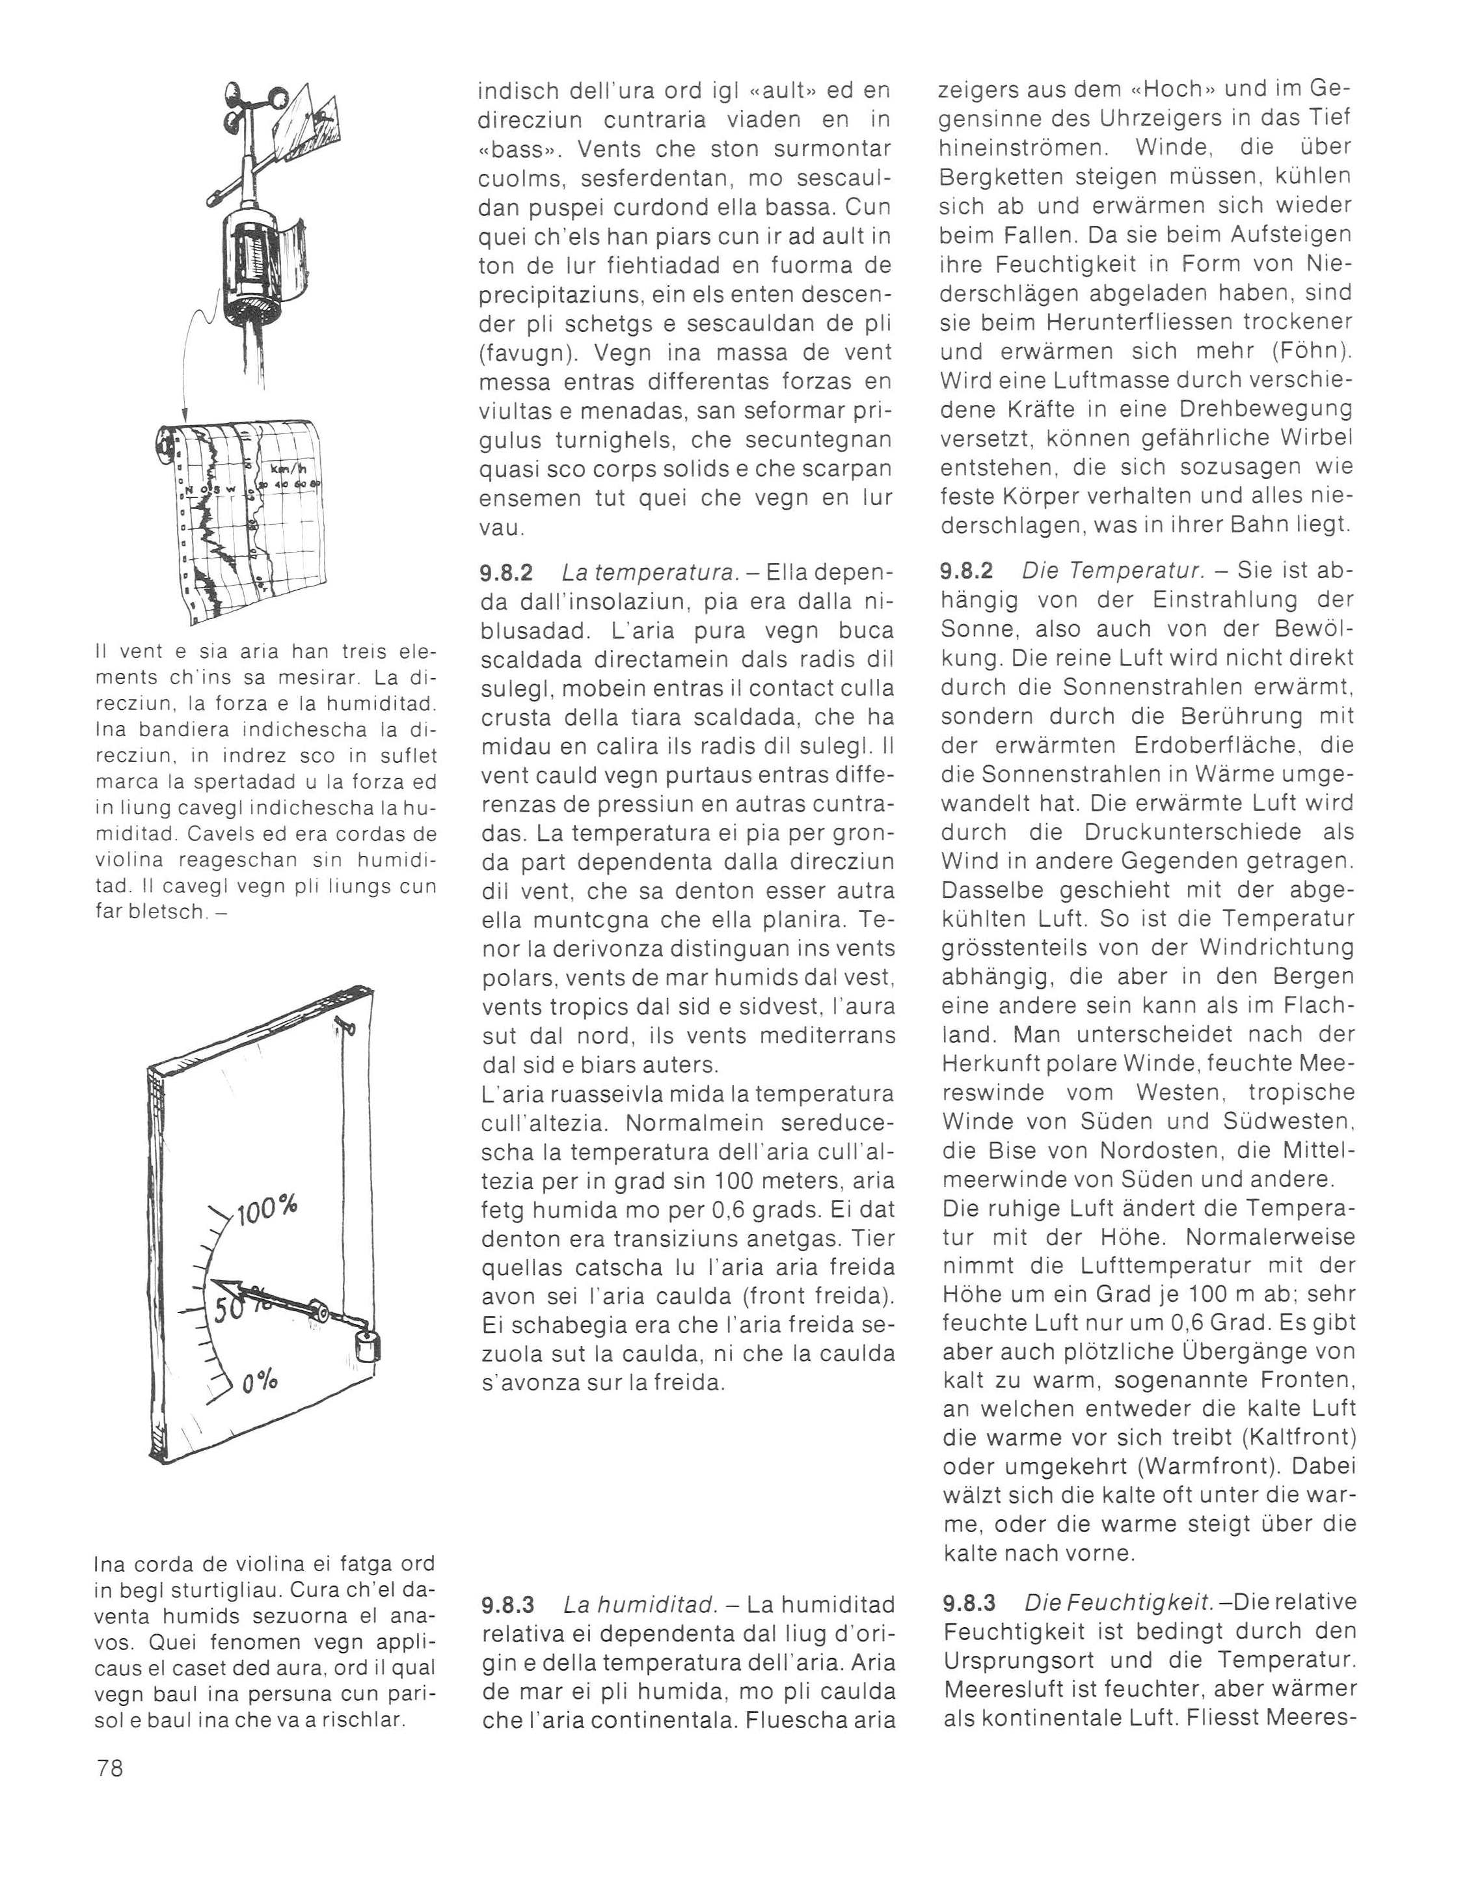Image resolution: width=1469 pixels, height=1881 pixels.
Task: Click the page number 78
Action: point(109,1768)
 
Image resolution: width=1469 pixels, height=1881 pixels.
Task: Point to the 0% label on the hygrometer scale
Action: point(259,1382)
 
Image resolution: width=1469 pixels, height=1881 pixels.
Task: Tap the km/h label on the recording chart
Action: point(288,470)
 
